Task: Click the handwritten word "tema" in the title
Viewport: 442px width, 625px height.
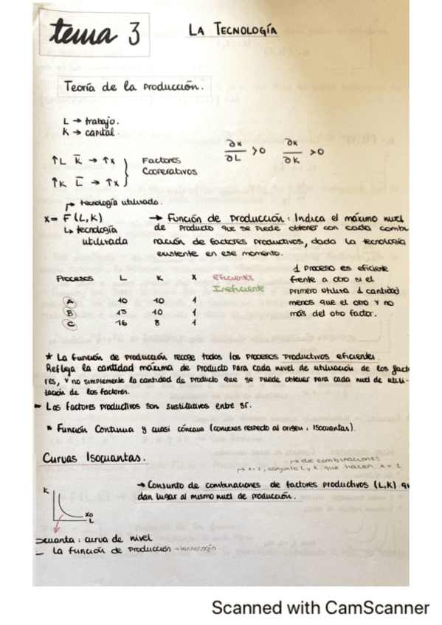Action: coord(82,34)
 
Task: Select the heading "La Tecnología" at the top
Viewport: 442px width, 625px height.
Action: coord(232,30)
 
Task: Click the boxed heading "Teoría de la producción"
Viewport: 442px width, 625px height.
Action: coord(134,86)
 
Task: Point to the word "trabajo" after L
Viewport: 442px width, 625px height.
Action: coord(102,120)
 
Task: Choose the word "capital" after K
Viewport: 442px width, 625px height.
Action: coord(100,133)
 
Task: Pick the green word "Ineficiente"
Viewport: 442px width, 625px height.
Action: coord(238,289)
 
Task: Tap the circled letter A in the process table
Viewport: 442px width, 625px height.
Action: coord(70,301)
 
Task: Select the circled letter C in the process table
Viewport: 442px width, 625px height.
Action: coord(70,322)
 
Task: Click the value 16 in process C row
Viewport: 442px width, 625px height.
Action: coord(122,322)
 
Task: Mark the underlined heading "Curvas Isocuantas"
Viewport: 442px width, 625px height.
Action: coord(94,457)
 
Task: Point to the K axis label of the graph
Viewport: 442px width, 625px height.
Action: coord(46,489)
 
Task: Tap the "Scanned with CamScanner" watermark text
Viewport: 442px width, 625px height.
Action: coord(320,607)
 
